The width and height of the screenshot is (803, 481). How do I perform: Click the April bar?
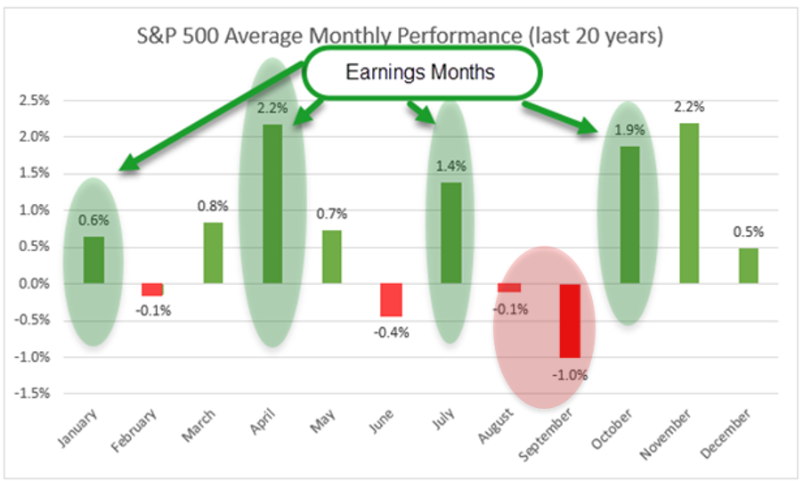[272, 204]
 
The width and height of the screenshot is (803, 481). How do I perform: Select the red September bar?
[570, 320]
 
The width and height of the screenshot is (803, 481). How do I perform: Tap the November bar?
[689, 204]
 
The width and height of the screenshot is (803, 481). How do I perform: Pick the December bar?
[749, 265]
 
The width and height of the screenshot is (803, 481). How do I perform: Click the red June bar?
[391, 300]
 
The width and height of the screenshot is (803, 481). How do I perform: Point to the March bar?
[213, 253]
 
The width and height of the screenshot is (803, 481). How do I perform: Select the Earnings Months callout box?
[420, 72]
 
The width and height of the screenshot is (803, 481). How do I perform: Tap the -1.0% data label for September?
[570, 375]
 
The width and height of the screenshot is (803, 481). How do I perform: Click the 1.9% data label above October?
[630, 131]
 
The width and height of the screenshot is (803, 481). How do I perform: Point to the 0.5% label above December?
[749, 232]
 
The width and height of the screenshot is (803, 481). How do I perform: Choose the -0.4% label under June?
[391, 332]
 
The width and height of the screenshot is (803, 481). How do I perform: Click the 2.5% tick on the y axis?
[39, 100]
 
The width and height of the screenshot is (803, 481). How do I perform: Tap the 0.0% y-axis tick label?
[39, 283]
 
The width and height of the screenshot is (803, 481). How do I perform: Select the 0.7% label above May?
[331, 214]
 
